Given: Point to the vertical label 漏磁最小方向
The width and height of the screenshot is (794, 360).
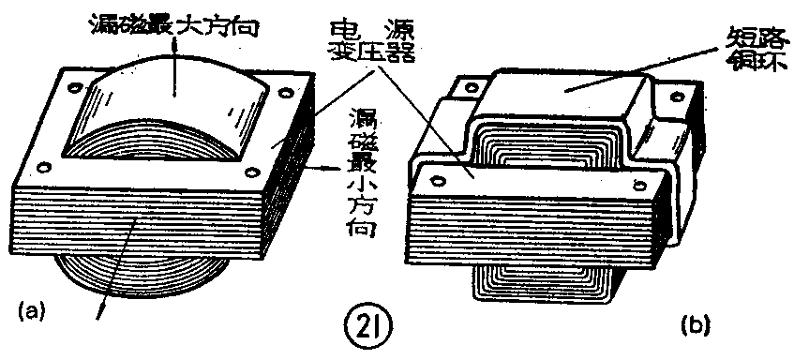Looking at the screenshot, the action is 361,172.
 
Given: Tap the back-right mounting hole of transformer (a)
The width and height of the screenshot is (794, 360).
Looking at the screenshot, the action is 286,93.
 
